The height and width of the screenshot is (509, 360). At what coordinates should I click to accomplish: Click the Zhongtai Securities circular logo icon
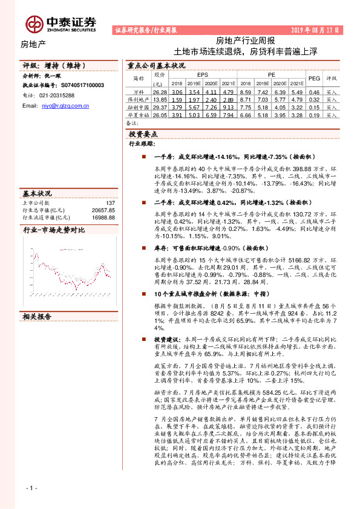point(35,24)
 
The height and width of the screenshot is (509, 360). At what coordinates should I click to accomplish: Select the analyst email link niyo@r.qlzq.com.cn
point(65,105)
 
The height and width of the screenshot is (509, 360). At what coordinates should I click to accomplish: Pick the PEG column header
point(315,79)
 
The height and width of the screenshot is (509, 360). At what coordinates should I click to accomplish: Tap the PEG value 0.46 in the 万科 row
point(314,91)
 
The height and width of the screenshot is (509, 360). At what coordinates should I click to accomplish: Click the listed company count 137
point(110,203)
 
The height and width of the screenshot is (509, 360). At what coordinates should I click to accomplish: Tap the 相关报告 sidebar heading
point(38,316)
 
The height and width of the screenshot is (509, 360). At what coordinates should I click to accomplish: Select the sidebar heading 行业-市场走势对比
point(54,230)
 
